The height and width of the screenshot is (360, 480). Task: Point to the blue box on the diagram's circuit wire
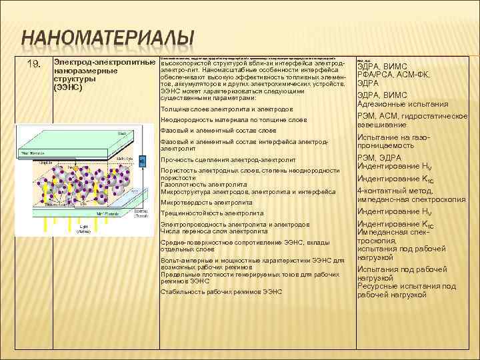click(x=141, y=162)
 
